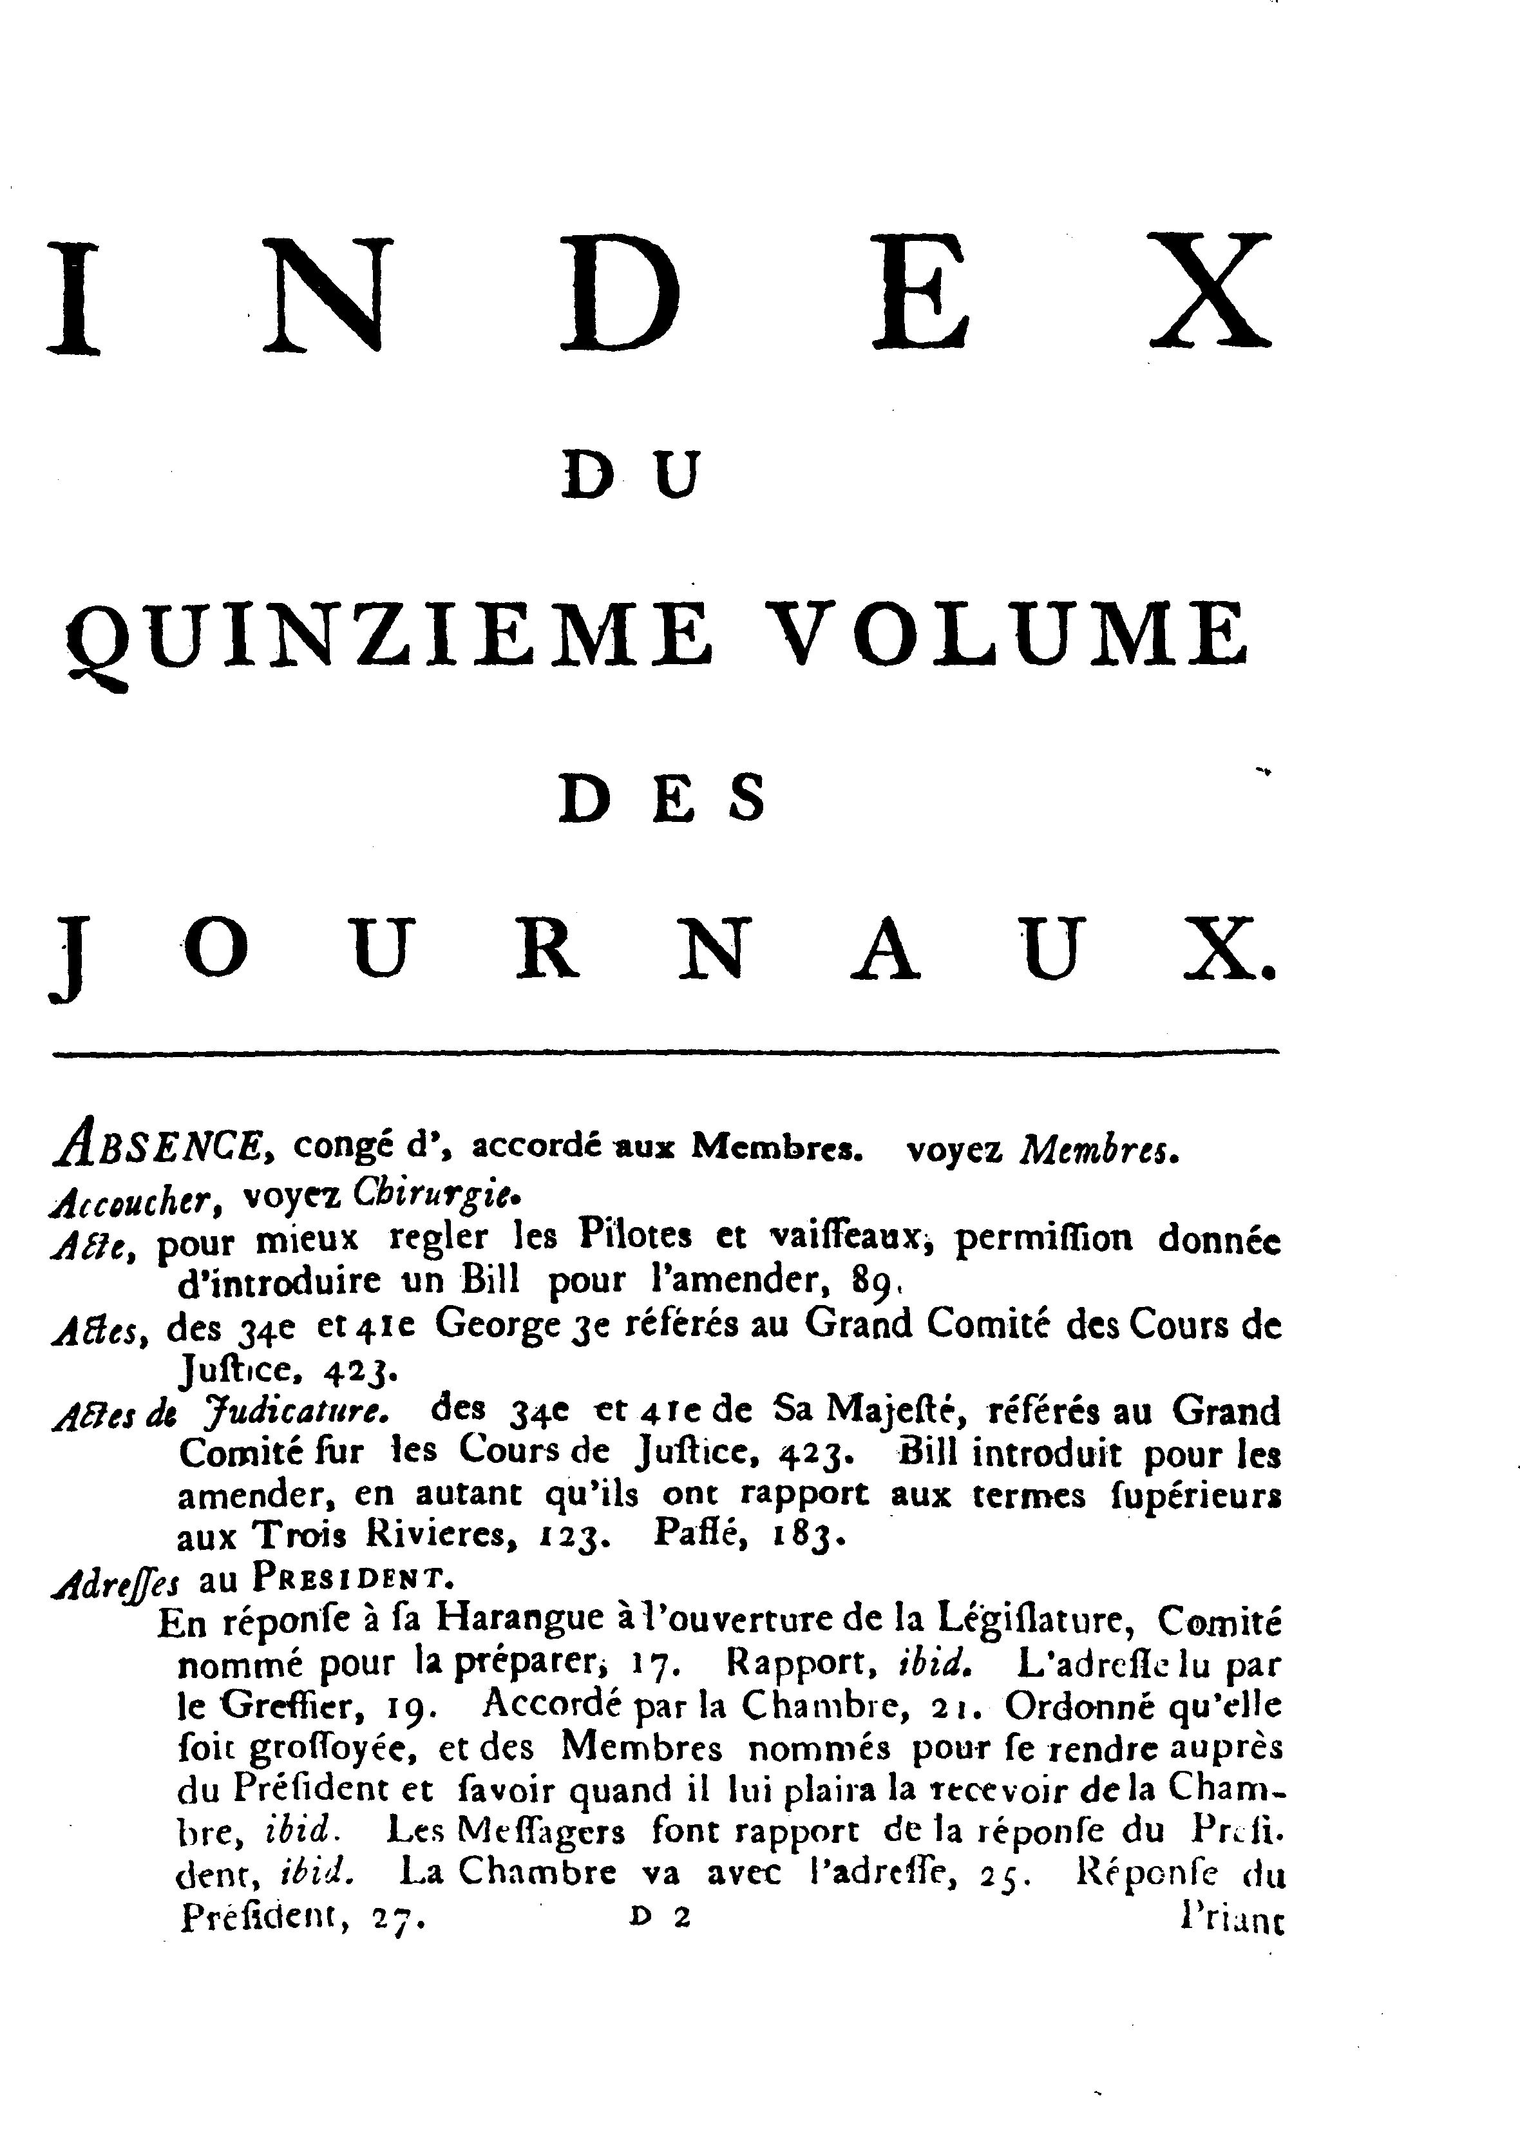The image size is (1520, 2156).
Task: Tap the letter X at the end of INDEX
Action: (1212, 293)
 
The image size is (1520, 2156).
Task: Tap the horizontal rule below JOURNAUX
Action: (667, 1052)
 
